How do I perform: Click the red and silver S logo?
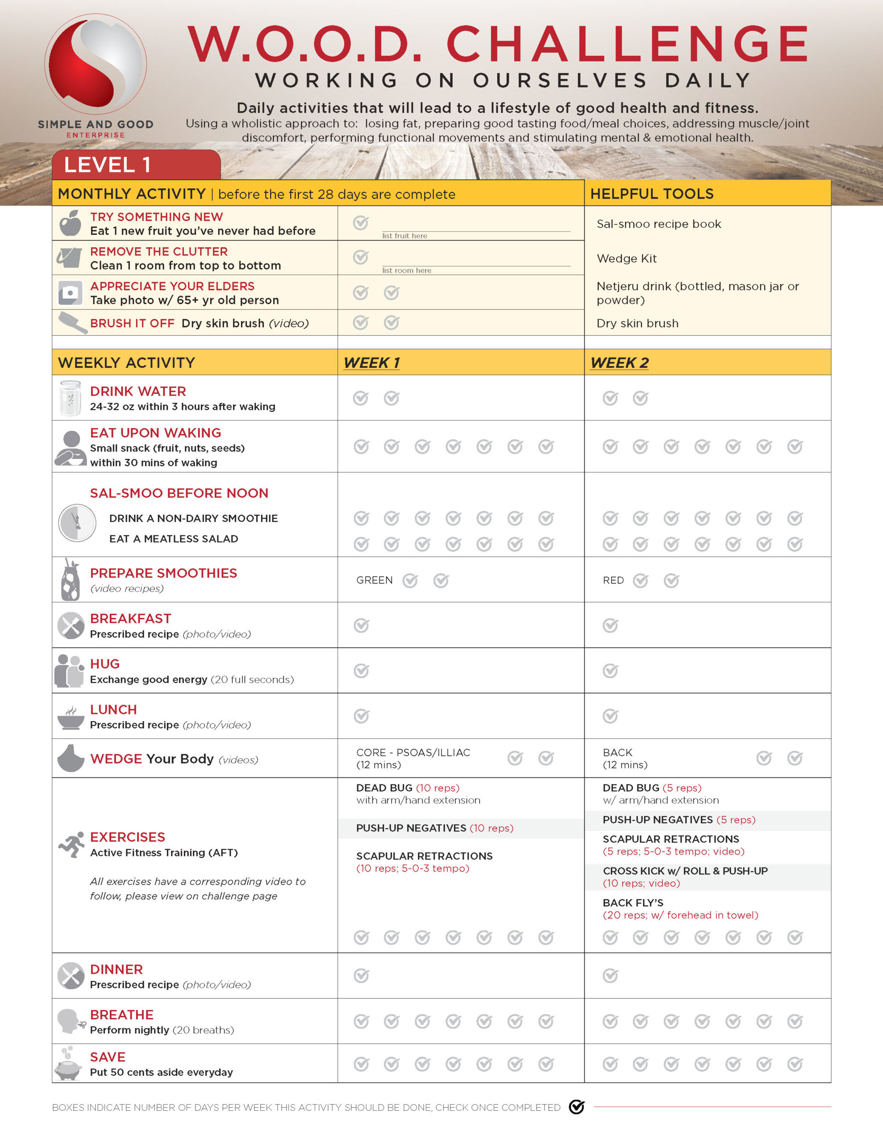(x=96, y=64)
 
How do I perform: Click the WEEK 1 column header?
(x=371, y=363)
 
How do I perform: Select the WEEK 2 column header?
(x=619, y=363)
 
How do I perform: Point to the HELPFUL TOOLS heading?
(x=652, y=194)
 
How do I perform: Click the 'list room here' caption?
(x=407, y=271)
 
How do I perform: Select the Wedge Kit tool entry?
(x=626, y=259)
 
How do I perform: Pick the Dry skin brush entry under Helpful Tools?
(x=637, y=323)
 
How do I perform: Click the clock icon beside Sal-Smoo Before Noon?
(x=77, y=523)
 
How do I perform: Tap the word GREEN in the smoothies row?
(x=374, y=580)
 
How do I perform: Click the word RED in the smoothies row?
(x=613, y=580)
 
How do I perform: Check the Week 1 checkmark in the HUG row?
(x=361, y=671)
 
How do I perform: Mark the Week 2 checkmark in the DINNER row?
(x=610, y=976)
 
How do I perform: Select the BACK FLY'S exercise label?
(x=633, y=903)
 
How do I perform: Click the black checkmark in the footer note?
(x=577, y=1107)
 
